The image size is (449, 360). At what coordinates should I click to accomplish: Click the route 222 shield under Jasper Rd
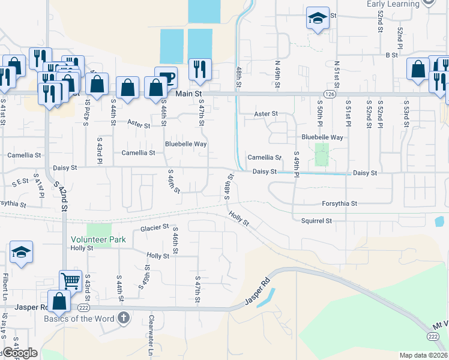pos(83,307)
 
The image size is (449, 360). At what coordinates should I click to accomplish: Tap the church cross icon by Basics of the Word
pos(124,317)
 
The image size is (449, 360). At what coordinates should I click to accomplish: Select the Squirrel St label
pos(316,221)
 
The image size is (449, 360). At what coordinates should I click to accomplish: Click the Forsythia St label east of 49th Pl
pos(339,203)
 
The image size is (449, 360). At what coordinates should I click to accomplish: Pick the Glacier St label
pos(154,227)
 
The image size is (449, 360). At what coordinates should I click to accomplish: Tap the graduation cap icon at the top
pos(317,17)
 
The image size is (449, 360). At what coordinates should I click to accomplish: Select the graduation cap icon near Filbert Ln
pos(21,253)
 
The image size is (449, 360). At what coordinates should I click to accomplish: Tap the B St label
pos(392,55)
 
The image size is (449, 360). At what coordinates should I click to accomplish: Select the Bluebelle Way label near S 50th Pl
pos(322,137)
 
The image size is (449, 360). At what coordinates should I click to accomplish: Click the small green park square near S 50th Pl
pos(322,154)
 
